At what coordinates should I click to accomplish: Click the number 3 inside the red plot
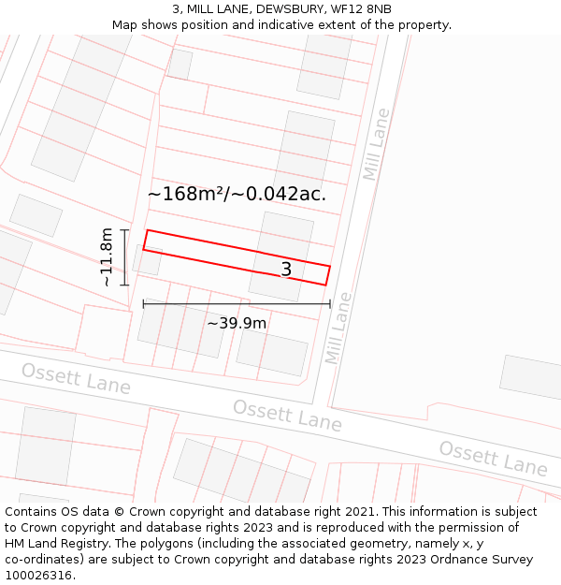[x=286, y=270]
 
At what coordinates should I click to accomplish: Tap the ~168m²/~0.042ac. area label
[x=237, y=194]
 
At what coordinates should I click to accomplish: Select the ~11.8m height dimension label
[x=107, y=256]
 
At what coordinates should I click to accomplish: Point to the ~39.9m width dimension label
[x=237, y=323]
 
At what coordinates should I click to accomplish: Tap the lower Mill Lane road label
[x=338, y=328]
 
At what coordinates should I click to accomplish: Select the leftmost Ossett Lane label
[x=76, y=378]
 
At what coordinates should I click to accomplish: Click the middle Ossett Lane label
[x=287, y=415]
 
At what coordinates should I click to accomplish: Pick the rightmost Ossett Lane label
[x=493, y=458]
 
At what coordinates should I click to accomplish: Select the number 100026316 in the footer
[x=39, y=575]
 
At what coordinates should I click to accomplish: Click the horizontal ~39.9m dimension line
[x=237, y=303]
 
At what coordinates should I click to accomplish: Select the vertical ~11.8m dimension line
[x=124, y=256]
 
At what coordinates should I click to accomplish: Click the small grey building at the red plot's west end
[x=147, y=259]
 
